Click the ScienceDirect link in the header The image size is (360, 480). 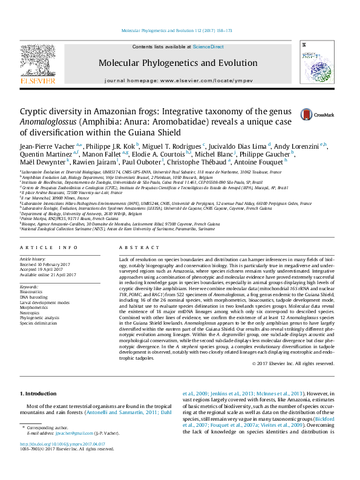point(208,47)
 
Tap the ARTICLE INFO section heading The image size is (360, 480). point(49,248)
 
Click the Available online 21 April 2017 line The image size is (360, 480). point(48,274)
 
